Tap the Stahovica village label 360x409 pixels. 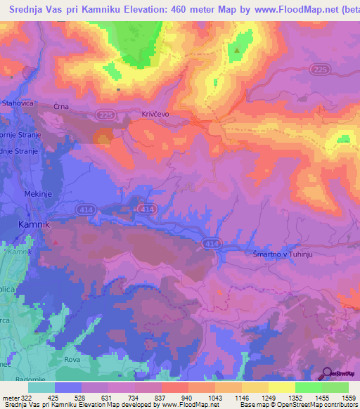coord(17,103)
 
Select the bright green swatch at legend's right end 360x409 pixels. coord(335,387)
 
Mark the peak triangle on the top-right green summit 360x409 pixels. coord(239,50)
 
